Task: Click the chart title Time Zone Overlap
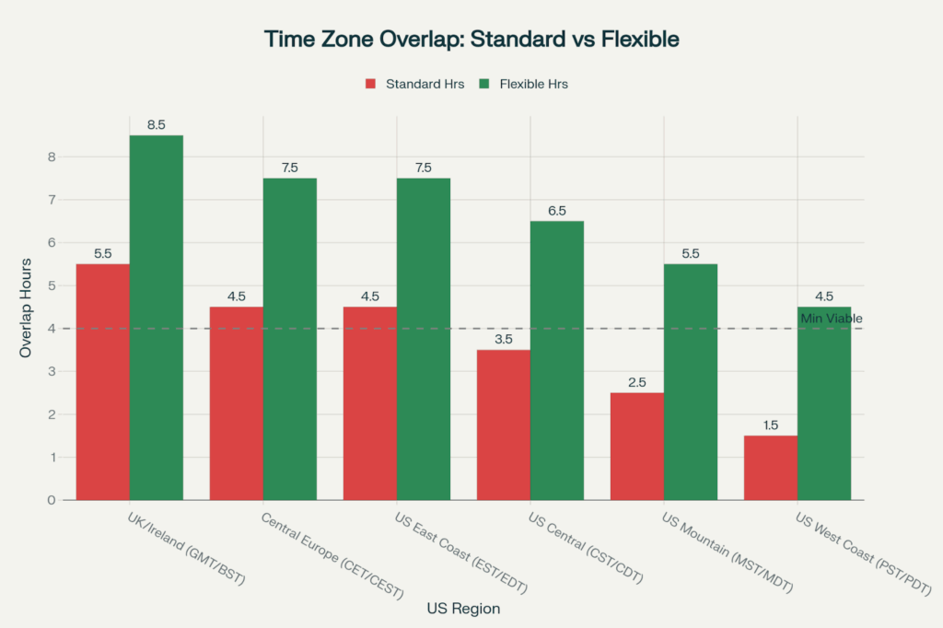click(471, 40)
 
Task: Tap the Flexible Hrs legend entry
click(533, 84)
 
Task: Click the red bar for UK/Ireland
click(103, 382)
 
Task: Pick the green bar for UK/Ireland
click(157, 318)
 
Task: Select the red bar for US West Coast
click(770, 468)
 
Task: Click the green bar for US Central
click(556, 361)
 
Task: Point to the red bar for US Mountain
click(636, 447)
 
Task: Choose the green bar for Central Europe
click(290, 339)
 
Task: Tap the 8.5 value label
click(156, 125)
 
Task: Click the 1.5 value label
click(770, 425)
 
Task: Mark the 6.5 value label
click(556, 211)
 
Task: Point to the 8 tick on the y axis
click(52, 157)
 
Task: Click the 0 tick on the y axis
click(52, 500)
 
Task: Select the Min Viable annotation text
click(831, 319)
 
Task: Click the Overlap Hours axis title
click(28, 308)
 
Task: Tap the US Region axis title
click(463, 609)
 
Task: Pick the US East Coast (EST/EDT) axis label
click(463, 554)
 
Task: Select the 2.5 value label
click(636, 382)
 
